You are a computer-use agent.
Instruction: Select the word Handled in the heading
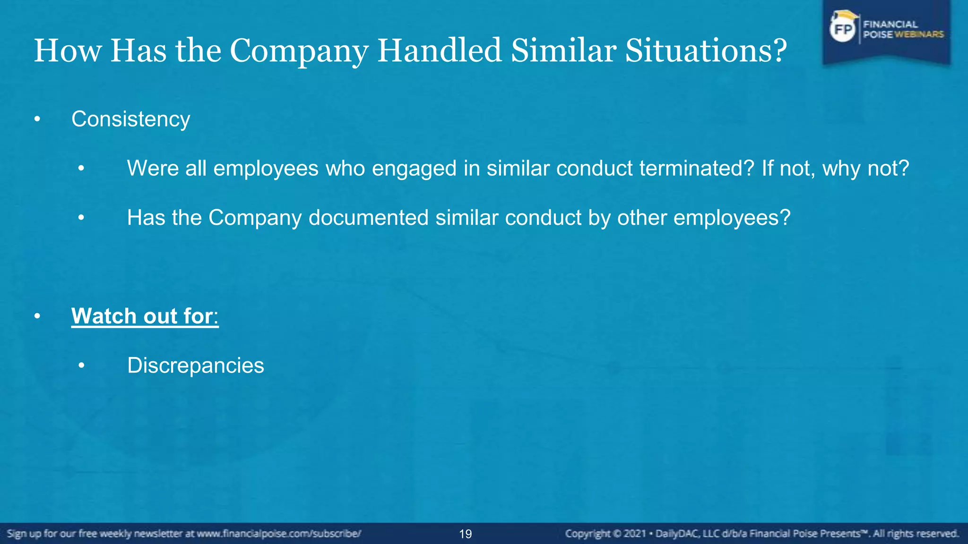pyautogui.click(x=439, y=50)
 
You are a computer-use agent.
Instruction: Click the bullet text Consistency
pyautogui.click(x=130, y=119)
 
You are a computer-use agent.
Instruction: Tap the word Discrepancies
pyautogui.click(x=195, y=365)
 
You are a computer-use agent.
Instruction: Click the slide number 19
pyautogui.click(x=466, y=534)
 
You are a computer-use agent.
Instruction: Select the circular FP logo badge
pyautogui.click(x=843, y=30)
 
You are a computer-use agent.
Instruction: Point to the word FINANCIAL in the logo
pyautogui.click(x=890, y=25)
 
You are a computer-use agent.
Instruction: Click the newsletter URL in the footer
pyautogui.click(x=279, y=534)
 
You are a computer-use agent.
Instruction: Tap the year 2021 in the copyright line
pyautogui.click(x=634, y=534)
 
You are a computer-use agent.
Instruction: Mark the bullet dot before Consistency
pyautogui.click(x=37, y=119)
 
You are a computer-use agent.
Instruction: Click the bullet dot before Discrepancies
pyautogui.click(x=81, y=366)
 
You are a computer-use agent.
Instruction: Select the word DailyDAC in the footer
pyautogui.click(x=675, y=534)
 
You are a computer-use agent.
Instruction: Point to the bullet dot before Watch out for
pyautogui.click(x=37, y=316)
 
